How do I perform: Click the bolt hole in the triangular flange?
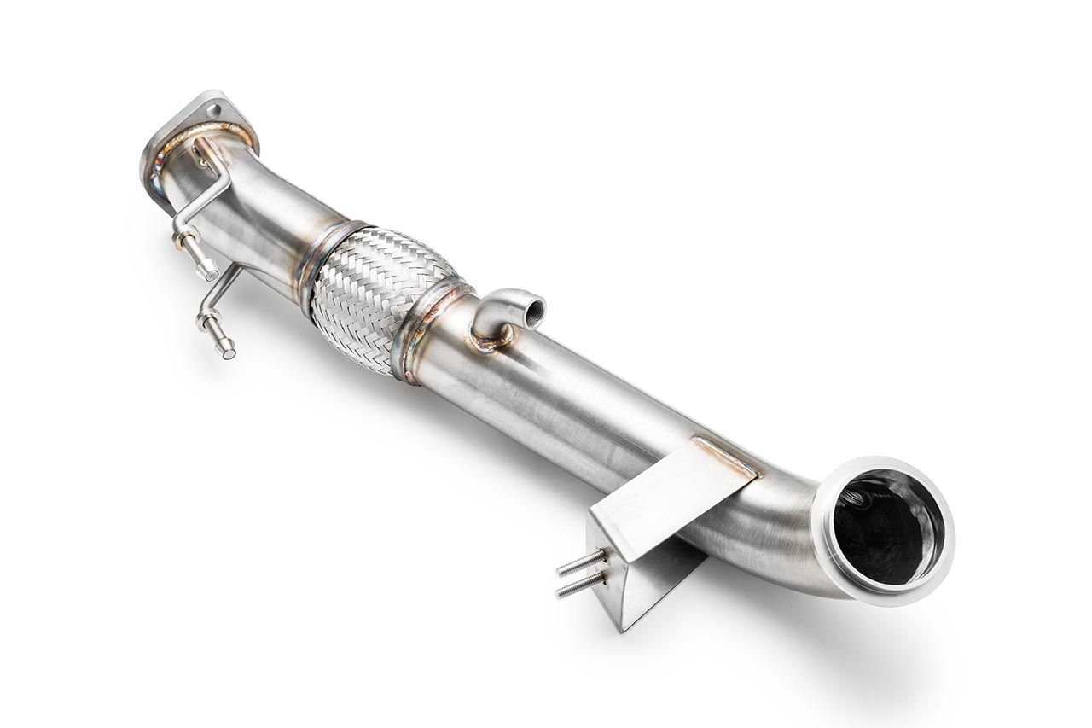[x=213, y=109]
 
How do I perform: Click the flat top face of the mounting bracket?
[x=674, y=495]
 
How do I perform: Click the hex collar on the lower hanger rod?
[x=206, y=323]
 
